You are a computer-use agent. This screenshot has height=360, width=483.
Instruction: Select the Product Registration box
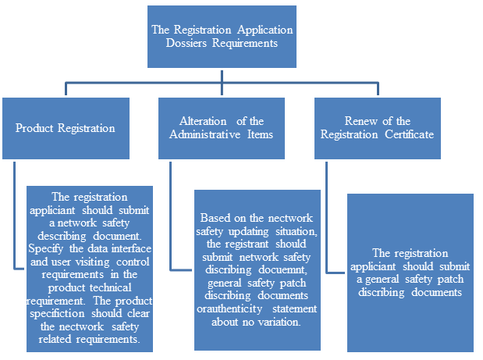coord(66,128)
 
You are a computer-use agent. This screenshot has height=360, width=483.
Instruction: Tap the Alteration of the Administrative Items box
coord(222,127)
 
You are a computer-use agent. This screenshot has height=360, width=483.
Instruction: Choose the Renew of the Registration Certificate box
coord(378,127)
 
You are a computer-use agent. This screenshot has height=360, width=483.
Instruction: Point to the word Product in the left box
coord(34,128)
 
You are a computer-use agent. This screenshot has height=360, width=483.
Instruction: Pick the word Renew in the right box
coord(360,121)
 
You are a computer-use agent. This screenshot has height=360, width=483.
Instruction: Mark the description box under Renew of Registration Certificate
coord(410,272)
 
